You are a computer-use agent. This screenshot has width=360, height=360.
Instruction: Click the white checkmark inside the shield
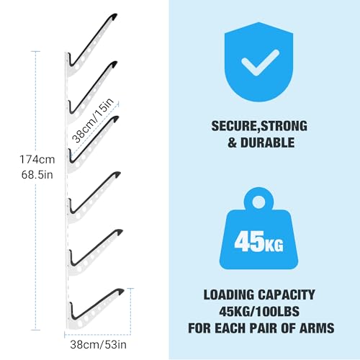tap(260, 63)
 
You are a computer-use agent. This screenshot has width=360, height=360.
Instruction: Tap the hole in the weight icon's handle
tap(258, 202)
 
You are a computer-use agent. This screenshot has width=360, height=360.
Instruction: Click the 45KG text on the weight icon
tap(258, 242)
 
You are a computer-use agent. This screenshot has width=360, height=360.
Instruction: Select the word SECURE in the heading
tap(234, 126)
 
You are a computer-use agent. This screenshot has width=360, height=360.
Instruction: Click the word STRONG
tap(284, 126)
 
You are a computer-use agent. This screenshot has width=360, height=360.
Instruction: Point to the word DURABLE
tap(267, 143)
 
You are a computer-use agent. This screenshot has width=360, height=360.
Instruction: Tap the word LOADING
tap(229, 294)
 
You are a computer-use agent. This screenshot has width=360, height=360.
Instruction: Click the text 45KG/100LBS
tap(259, 311)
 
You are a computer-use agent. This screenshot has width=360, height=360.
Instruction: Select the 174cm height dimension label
tap(37, 159)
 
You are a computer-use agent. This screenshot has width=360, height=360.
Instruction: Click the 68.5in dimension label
tap(37, 175)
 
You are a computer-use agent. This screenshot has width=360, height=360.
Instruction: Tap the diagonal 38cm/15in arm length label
tap(93, 120)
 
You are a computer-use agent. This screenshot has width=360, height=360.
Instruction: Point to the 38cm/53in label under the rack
tap(98, 345)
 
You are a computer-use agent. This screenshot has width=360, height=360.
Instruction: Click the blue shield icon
tap(258, 62)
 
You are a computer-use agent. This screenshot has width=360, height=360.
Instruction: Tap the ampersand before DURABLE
tap(232, 143)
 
